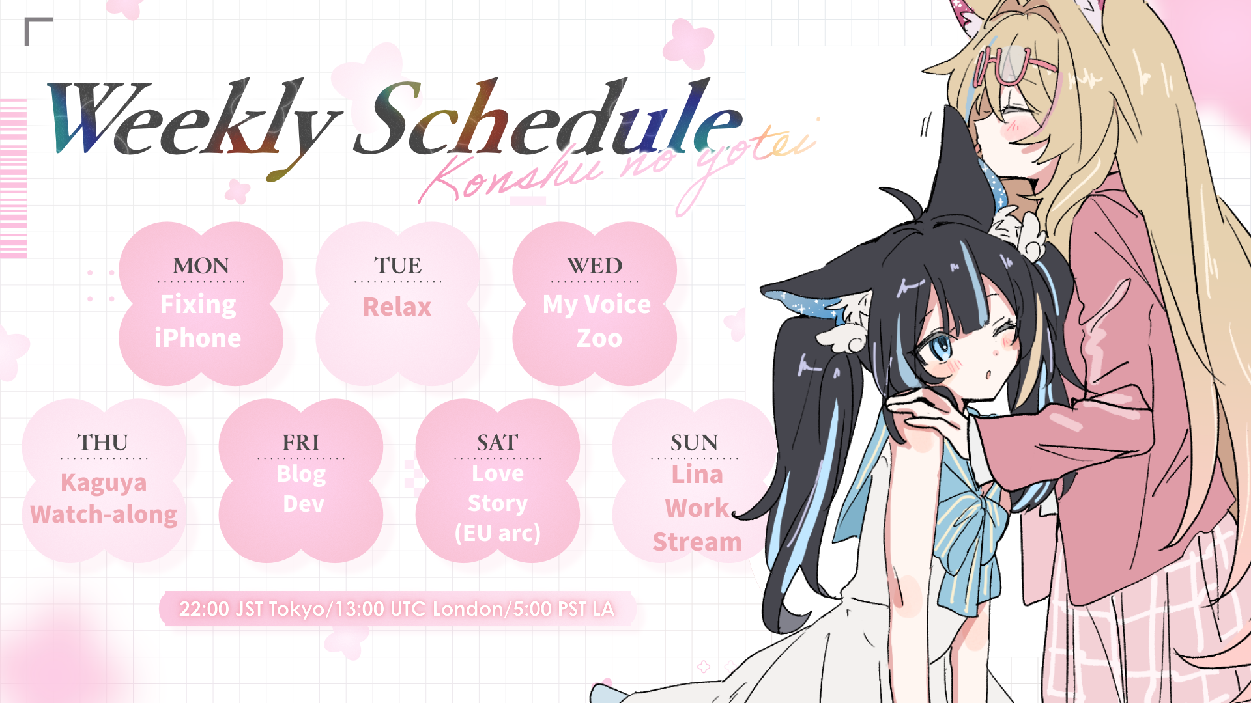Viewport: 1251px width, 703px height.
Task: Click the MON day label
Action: (201, 266)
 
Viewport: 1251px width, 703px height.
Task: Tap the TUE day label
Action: (397, 266)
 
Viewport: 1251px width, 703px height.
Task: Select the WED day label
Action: (594, 266)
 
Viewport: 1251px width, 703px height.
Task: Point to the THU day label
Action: (103, 443)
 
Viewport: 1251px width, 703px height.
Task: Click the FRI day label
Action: (300, 443)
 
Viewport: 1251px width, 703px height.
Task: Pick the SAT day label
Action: (497, 443)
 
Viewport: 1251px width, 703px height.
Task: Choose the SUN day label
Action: (694, 443)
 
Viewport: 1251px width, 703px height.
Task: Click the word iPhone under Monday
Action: (197, 338)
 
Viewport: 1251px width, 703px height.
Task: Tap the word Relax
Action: (397, 307)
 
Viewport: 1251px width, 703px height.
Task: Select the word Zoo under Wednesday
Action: (599, 338)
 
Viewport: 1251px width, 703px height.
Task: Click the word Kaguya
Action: (104, 484)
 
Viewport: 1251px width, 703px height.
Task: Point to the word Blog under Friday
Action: (301, 475)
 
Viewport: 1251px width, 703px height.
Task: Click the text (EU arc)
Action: (498, 533)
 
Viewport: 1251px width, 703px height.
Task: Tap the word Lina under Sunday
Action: (697, 475)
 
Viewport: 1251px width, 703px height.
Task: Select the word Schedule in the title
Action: (547, 117)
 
